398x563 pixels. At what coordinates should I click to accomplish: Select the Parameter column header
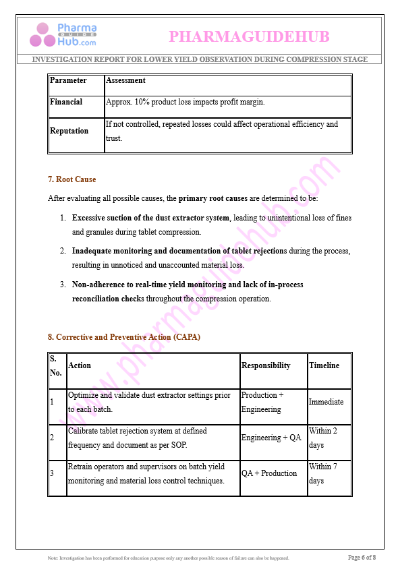pyautogui.click(x=69, y=80)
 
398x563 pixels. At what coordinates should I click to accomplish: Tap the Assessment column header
pyautogui.click(x=125, y=80)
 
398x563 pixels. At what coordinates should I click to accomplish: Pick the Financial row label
pyautogui.click(x=66, y=102)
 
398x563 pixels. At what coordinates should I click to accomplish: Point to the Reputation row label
pyautogui.click(x=69, y=131)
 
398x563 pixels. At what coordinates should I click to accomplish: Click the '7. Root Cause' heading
pyautogui.click(x=72, y=179)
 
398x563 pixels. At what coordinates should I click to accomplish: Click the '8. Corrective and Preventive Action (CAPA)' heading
pyautogui.click(x=124, y=336)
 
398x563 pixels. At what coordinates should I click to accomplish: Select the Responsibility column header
pyautogui.click(x=266, y=365)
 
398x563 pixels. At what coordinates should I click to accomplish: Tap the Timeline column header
pyautogui.click(x=325, y=365)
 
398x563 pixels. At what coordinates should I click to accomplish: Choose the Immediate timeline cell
pyautogui.click(x=326, y=402)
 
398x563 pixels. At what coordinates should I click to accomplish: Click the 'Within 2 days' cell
pyautogui.click(x=323, y=438)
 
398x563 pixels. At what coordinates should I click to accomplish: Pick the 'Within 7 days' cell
pyautogui.click(x=323, y=473)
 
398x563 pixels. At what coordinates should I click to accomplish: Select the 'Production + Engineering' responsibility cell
pyautogui.click(x=262, y=402)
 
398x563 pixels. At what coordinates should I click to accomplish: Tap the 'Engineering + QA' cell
pyautogui.click(x=271, y=438)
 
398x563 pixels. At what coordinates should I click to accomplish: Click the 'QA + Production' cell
pyautogui.click(x=269, y=473)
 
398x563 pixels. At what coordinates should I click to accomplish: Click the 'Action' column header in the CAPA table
pyautogui.click(x=80, y=365)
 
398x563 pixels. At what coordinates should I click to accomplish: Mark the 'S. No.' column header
pyautogui.click(x=55, y=365)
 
